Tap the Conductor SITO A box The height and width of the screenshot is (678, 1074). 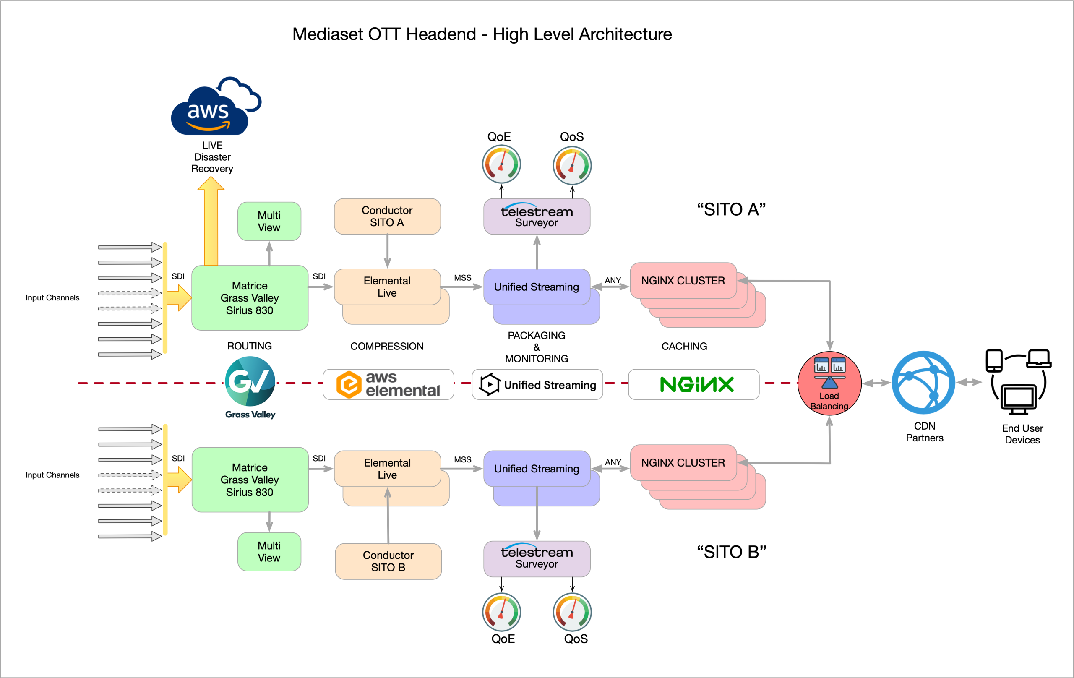click(x=387, y=216)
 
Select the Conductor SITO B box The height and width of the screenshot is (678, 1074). click(x=388, y=561)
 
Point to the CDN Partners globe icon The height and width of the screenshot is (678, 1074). click(x=923, y=382)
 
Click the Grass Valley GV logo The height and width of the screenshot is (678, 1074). click(x=250, y=381)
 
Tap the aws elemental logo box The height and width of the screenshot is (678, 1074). click(x=388, y=384)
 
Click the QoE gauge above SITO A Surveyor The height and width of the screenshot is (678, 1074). click(x=501, y=164)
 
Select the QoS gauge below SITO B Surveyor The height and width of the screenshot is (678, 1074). click(x=572, y=612)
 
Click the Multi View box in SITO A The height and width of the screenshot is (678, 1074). click(x=269, y=221)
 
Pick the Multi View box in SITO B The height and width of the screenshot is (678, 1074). click(x=269, y=552)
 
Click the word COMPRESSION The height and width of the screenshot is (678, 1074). click(x=387, y=346)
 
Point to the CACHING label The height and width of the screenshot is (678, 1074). click(x=684, y=346)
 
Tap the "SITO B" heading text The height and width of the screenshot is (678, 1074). click(x=732, y=552)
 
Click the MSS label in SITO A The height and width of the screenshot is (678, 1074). click(x=462, y=277)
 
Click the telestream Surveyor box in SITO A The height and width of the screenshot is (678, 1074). click(x=537, y=216)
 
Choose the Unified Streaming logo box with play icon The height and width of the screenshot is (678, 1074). click(x=537, y=384)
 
